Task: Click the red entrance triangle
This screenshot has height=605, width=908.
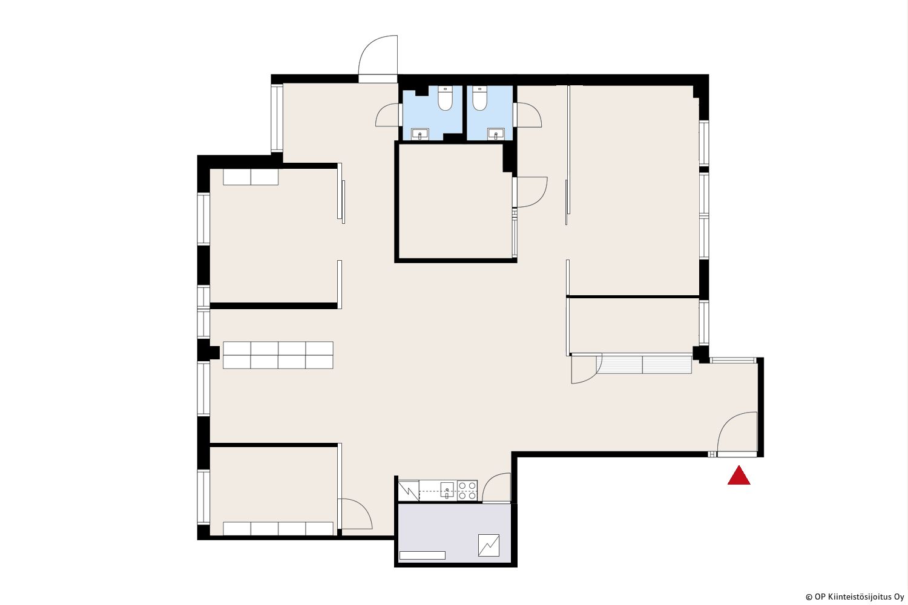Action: tap(739, 476)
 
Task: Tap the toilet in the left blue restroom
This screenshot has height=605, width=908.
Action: tap(445, 99)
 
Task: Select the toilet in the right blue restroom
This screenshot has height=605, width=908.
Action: tap(479, 99)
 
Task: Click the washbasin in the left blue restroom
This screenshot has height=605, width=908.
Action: tap(420, 134)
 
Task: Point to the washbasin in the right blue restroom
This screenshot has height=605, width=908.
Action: tap(496, 134)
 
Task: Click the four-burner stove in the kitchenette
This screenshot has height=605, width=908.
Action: tap(467, 491)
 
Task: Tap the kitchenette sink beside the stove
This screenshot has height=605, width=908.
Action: tap(447, 490)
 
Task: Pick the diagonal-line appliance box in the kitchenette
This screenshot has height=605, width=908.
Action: tap(409, 491)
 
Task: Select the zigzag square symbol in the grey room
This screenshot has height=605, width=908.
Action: tap(489, 546)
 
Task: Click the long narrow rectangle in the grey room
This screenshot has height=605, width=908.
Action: tap(423, 555)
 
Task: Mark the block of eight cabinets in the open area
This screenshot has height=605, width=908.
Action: tap(278, 355)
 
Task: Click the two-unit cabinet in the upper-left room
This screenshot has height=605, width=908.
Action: tap(251, 177)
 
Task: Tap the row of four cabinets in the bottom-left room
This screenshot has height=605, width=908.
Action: tap(278, 528)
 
